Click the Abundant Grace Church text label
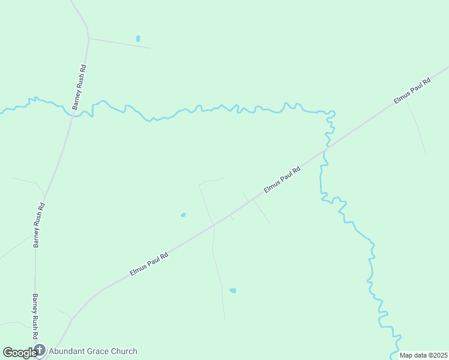(93, 352)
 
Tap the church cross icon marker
(40, 350)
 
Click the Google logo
(19, 352)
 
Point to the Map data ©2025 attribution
(423, 355)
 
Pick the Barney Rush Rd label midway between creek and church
(39, 225)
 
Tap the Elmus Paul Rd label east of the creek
(412, 92)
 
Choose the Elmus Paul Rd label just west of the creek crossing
(282, 180)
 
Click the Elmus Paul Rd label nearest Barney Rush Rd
(149, 264)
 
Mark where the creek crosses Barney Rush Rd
(72, 115)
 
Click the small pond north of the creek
(138, 38)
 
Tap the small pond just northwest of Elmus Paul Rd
(183, 214)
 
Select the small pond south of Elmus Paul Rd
(232, 290)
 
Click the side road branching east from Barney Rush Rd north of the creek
(120, 43)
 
